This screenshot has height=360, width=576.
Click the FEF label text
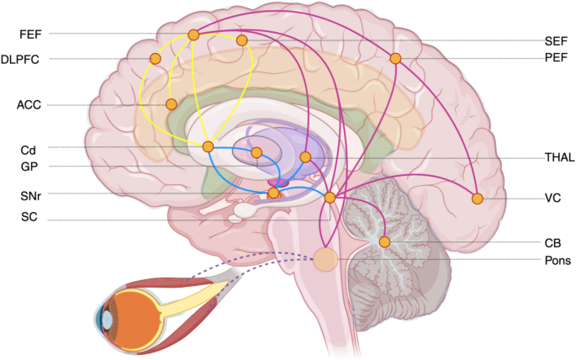tap(30, 34)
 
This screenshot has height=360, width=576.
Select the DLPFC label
tap(20, 59)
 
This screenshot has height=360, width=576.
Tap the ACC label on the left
tap(29, 105)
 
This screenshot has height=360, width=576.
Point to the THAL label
tap(560, 157)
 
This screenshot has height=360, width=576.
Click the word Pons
tap(558, 261)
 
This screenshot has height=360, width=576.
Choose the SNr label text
tap(30, 196)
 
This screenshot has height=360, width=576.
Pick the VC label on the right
tap(552, 198)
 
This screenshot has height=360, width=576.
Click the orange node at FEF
tap(193, 34)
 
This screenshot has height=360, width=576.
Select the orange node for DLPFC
tap(156, 58)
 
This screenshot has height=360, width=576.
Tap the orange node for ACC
tap(172, 104)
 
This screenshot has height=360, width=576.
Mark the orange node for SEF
tap(241, 40)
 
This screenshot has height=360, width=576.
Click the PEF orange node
tap(395, 58)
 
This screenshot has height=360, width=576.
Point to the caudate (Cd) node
tap(208, 147)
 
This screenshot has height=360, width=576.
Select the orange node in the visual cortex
tap(477, 199)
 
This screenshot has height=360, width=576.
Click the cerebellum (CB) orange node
tap(384, 241)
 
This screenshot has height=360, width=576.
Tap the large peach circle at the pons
tap(325, 259)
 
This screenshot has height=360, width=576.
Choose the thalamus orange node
tap(305, 157)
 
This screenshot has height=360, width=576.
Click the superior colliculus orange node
tap(330, 198)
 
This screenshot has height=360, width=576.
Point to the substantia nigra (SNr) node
tap(273, 193)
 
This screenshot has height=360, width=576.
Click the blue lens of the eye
tap(107, 320)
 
